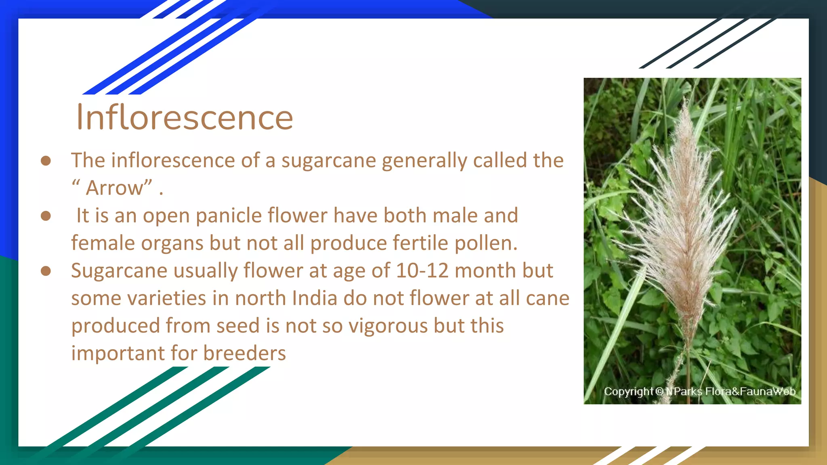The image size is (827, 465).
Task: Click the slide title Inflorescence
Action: [x=185, y=117]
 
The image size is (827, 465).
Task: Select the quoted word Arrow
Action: [x=115, y=188]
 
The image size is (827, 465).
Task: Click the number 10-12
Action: [x=422, y=270]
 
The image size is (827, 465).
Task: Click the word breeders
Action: [x=244, y=353]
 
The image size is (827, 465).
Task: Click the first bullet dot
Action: [x=46, y=161]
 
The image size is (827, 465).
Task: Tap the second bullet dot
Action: [x=46, y=216]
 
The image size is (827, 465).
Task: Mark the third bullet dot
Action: [x=46, y=271]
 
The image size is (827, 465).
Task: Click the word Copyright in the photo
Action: [x=628, y=392]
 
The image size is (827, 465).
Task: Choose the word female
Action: [x=103, y=243]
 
